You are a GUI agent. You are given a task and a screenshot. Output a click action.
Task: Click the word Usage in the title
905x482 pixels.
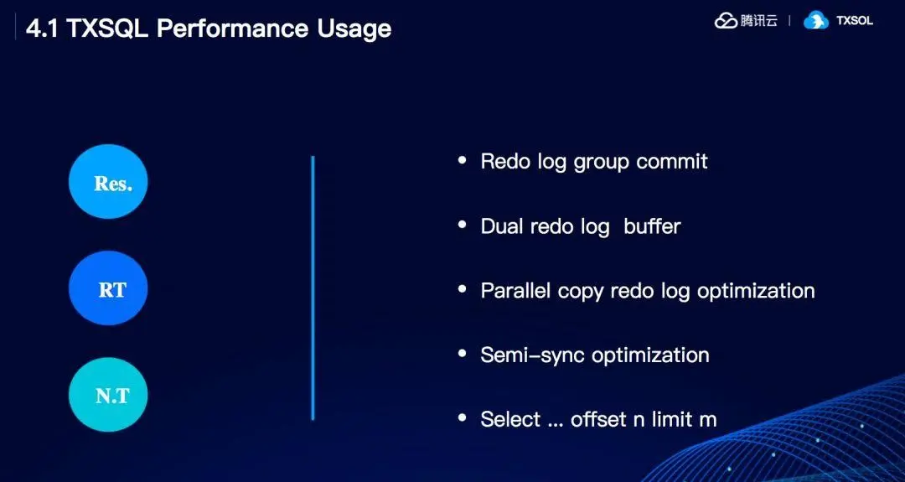coord(354,29)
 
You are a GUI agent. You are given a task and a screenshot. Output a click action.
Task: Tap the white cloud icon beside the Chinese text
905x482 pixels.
coord(726,20)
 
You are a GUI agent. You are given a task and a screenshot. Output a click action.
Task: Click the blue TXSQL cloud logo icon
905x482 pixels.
coord(815,20)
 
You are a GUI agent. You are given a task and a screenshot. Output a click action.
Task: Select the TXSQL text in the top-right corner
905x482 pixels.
coord(855,20)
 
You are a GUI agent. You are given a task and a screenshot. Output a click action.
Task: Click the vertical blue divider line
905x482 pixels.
coord(313,288)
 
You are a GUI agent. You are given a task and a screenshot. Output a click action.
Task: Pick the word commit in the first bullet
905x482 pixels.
coord(672,161)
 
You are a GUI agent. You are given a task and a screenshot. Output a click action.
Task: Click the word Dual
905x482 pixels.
coord(502,225)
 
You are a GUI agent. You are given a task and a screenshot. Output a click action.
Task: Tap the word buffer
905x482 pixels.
coord(652,225)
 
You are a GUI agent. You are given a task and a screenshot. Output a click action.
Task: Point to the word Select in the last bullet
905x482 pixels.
coord(510,419)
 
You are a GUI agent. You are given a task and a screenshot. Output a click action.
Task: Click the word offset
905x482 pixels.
coord(599,419)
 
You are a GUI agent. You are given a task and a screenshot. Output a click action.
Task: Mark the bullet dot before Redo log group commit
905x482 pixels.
coord(462,159)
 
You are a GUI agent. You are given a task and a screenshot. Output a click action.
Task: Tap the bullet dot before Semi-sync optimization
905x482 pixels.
coord(462,353)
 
